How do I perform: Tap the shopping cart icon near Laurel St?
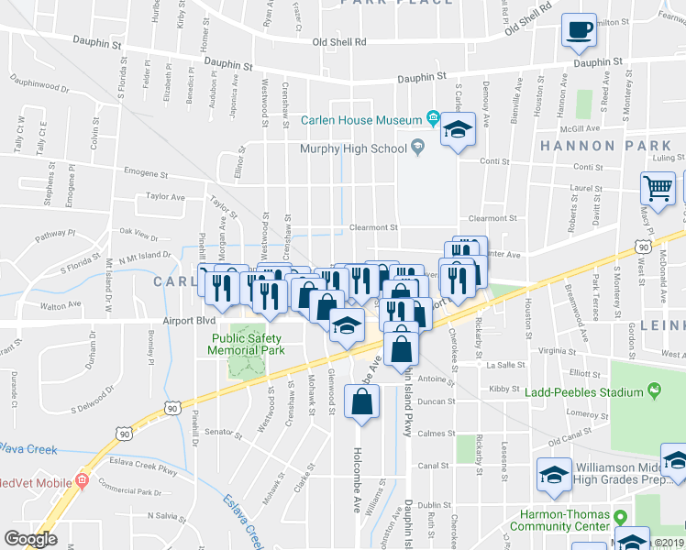[658, 188]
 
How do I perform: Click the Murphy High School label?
[353, 148]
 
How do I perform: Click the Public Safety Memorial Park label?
[245, 343]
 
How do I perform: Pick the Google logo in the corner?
[30, 539]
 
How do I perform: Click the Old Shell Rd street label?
[338, 42]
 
